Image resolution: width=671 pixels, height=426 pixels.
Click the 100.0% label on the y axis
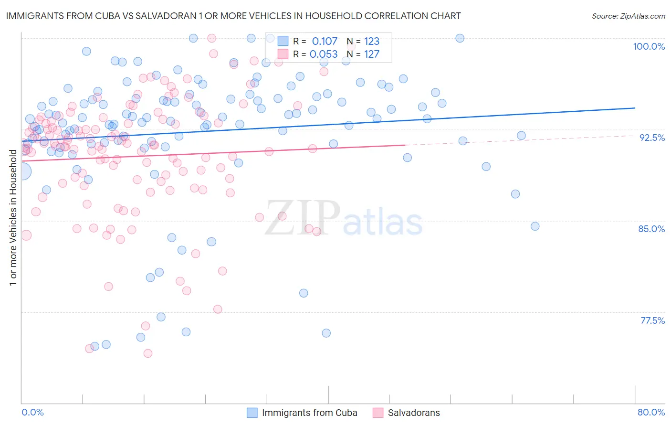click(x=649, y=46)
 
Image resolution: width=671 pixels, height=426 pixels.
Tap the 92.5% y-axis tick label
click(x=652, y=138)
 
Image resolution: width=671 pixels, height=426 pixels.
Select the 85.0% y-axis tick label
click(x=651, y=229)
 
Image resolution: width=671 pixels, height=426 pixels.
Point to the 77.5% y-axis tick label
click(x=652, y=320)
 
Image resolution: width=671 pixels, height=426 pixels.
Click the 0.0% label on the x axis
click(x=32, y=412)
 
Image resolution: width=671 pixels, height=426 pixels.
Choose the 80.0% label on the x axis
click(x=651, y=412)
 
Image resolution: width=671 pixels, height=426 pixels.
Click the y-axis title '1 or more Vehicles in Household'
click(x=13, y=218)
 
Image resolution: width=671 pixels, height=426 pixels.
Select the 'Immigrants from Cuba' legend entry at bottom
click(x=309, y=413)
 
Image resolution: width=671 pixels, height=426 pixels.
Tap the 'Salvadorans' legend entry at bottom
click(x=414, y=413)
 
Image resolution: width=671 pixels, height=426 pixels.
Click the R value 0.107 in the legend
click(x=325, y=42)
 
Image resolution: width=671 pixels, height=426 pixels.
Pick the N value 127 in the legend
click(x=372, y=54)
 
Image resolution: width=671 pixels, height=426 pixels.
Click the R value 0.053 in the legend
click(x=324, y=54)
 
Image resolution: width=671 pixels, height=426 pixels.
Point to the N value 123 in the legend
click(x=372, y=42)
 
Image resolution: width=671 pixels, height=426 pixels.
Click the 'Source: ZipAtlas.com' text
click(x=628, y=16)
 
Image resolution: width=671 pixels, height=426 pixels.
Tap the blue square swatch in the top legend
click(x=283, y=41)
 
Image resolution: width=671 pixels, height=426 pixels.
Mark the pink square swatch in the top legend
click(x=283, y=54)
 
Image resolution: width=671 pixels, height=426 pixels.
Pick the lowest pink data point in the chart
click(x=148, y=353)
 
